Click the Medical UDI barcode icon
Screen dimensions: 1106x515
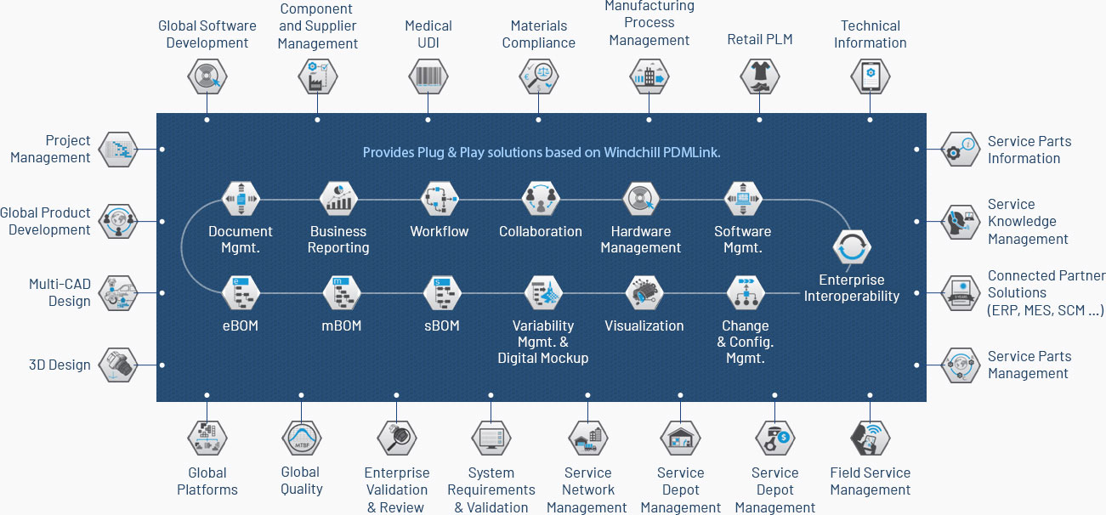tap(428, 76)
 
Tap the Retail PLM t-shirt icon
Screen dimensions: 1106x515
tap(759, 76)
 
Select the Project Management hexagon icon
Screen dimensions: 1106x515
tap(117, 149)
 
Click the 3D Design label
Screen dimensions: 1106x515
tap(60, 365)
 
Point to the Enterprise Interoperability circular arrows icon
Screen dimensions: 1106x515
tap(852, 247)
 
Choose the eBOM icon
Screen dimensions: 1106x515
tap(241, 293)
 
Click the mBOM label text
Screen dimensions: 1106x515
tap(341, 325)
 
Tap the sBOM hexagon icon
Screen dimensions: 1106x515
tap(442, 293)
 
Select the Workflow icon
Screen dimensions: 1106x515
tap(439, 199)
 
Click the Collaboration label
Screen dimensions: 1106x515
tap(541, 231)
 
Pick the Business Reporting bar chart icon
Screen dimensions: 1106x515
tap(338, 199)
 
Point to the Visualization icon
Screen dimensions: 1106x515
tap(644, 293)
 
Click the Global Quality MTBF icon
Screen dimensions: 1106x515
tap(302, 438)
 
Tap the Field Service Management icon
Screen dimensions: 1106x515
tap(870, 438)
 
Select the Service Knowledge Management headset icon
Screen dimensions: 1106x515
tap(960, 222)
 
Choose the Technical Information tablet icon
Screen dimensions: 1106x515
tap(870, 76)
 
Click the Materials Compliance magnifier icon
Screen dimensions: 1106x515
tap(538, 76)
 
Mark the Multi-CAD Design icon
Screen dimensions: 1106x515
tap(117, 293)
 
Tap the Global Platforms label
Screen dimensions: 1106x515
tap(207, 481)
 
